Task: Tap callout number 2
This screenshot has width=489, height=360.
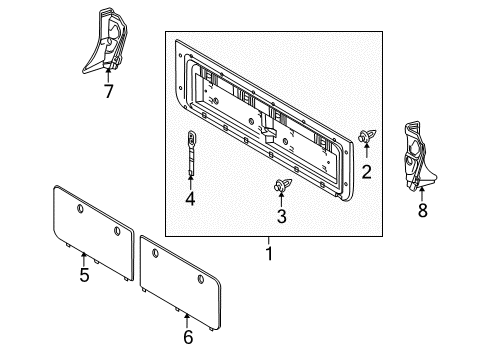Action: pos(366,172)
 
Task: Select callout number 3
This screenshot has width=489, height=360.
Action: pos(281,216)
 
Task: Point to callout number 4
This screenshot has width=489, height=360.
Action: pos(190,199)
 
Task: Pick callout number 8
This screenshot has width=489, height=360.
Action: pos(421,211)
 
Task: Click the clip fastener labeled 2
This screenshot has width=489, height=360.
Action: pos(366,137)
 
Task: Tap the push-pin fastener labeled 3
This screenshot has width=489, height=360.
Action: pos(280,186)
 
